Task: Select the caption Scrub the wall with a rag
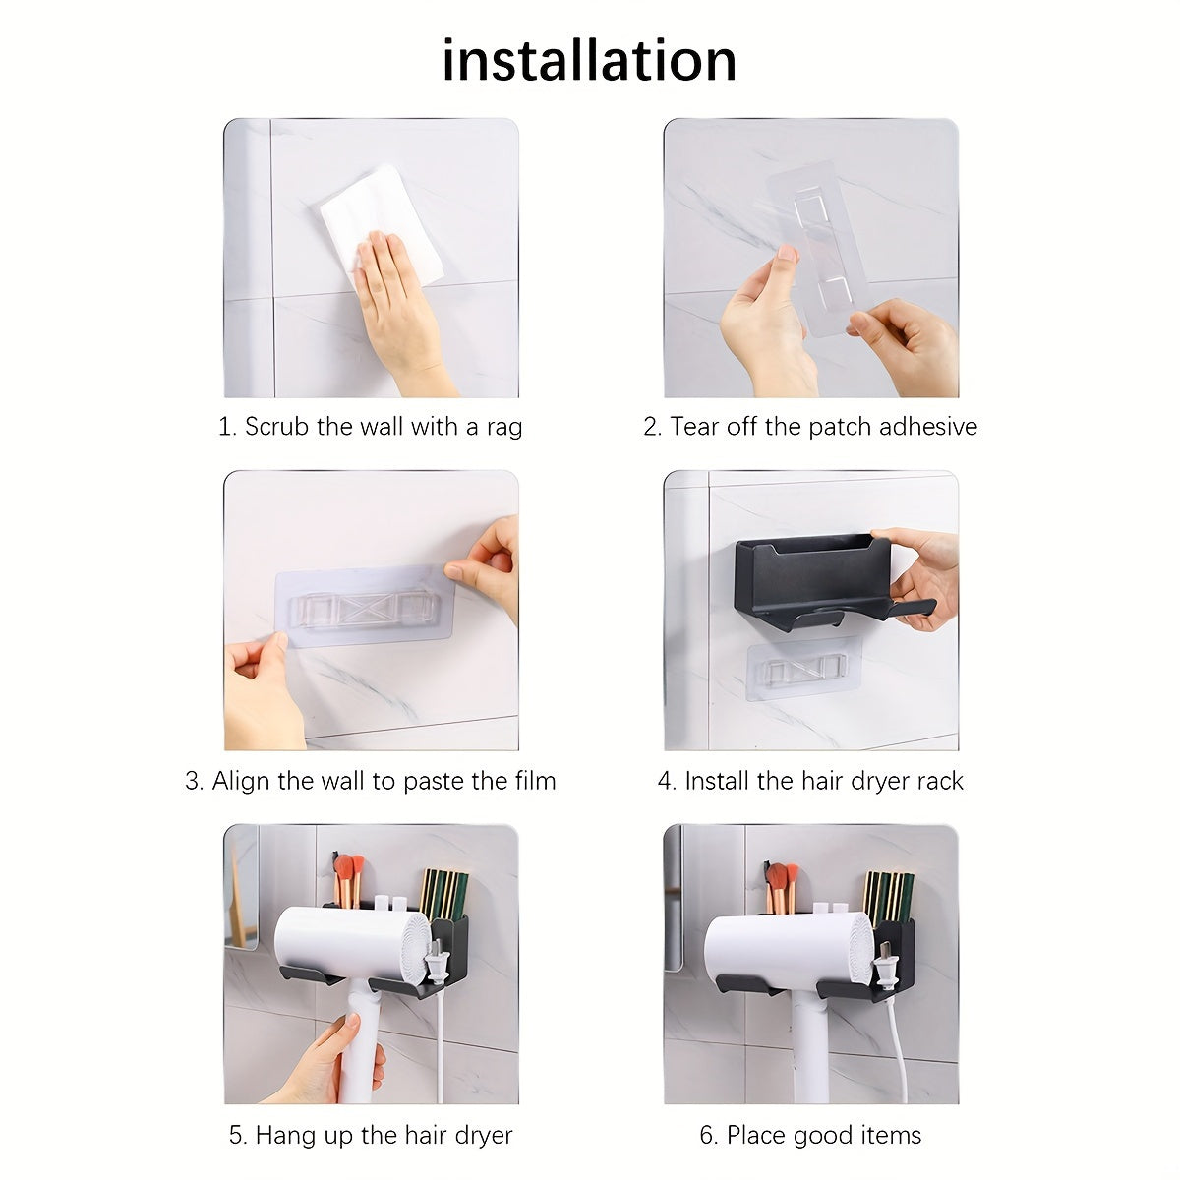click(370, 427)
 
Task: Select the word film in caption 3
click(532, 781)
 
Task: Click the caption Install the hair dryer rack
click(810, 781)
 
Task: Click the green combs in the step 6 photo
click(888, 895)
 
